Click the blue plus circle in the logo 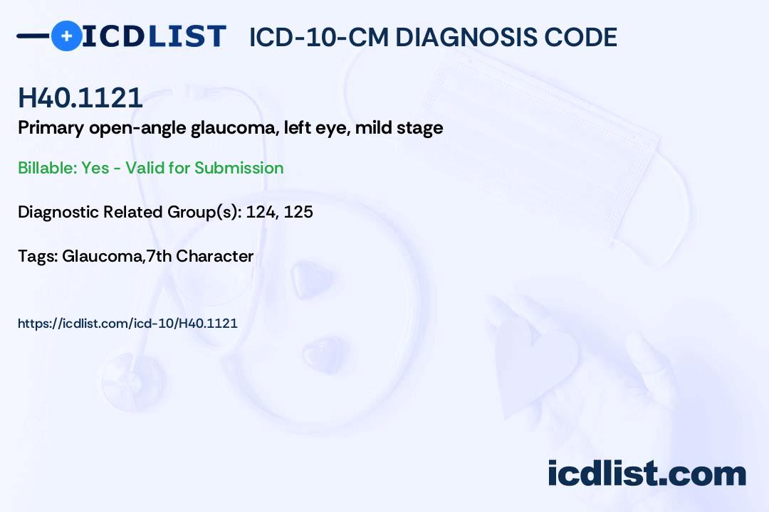point(66,36)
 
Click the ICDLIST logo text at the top point(154,36)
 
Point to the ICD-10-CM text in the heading point(318,37)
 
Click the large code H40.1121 point(80,98)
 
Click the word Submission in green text point(239,168)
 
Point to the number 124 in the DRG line point(261,212)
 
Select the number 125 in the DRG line point(298,212)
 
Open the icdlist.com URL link point(127,324)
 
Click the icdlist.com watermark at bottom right point(647,473)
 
